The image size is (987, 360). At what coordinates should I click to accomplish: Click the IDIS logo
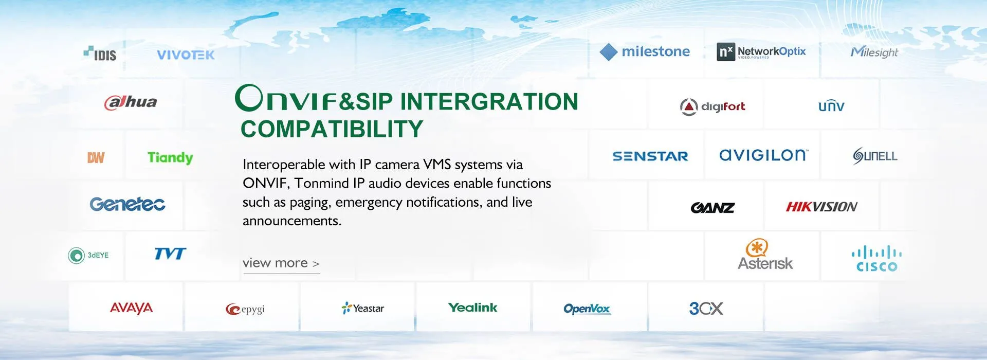[100, 53]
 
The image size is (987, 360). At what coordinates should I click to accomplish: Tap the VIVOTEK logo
[186, 55]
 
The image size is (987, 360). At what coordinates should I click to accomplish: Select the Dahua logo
[131, 102]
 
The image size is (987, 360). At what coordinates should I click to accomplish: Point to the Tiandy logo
[170, 158]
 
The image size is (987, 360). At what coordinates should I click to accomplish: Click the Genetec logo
[127, 204]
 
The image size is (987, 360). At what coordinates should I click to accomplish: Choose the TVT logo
[170, 254]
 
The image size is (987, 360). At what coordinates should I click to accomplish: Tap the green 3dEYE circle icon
[76, 255]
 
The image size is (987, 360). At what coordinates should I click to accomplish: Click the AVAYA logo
[131, 308]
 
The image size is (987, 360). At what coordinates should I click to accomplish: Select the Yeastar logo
[362, 308]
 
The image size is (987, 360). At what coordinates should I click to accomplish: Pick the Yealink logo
[472, 308]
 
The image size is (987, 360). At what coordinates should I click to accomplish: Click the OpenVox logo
[587, 309]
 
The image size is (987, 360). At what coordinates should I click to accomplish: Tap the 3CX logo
[706, 308]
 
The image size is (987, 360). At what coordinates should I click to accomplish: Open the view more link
[281, 263]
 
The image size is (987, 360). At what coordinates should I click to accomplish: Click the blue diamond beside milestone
[609, 52]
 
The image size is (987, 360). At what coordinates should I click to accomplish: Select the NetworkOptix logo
[761, 51]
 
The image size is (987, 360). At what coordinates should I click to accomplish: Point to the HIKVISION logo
[821, 207]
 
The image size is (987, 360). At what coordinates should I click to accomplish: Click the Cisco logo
[876, 259]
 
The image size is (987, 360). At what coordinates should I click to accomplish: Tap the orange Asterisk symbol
[757, 247]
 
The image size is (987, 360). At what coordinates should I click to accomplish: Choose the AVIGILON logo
[764, 155]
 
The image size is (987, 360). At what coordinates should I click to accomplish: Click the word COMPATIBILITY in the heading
[332, 129]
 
